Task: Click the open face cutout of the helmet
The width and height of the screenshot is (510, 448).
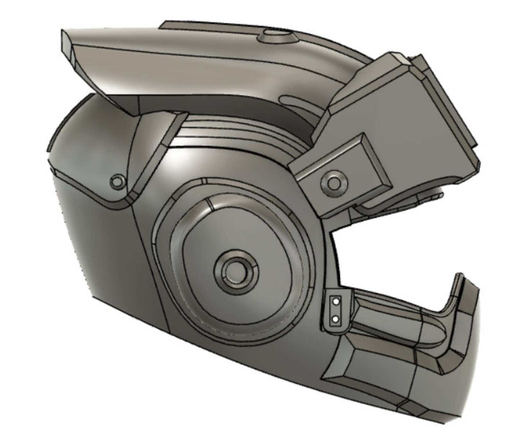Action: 395,248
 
